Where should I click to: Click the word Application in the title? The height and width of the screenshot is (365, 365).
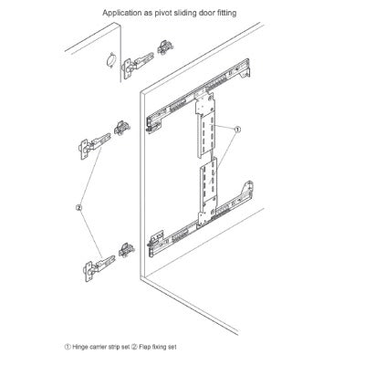point(120,13)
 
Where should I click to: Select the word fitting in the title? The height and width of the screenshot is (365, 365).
point(225,13)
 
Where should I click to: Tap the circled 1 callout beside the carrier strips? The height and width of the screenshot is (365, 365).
point(237,130)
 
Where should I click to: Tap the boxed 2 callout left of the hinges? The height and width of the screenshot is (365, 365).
point(78,208)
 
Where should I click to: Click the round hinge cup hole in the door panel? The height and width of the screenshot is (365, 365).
point(110,60)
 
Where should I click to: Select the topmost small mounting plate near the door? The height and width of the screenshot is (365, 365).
point(165,47)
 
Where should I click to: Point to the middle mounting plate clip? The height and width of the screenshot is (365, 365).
point(122,128)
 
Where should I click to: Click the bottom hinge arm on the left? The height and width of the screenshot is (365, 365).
point(99,267)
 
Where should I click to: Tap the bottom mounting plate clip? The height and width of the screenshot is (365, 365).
point(126,250)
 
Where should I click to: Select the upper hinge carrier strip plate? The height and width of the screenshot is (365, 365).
point(206,125)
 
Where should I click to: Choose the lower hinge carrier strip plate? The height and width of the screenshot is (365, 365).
point(208,192)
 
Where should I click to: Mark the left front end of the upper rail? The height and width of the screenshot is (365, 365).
point(154,123)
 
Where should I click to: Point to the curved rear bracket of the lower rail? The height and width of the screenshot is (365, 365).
point(247,189)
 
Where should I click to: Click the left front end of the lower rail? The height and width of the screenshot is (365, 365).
point(156,243)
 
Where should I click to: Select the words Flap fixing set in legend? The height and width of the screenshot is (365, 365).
point(158,347)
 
